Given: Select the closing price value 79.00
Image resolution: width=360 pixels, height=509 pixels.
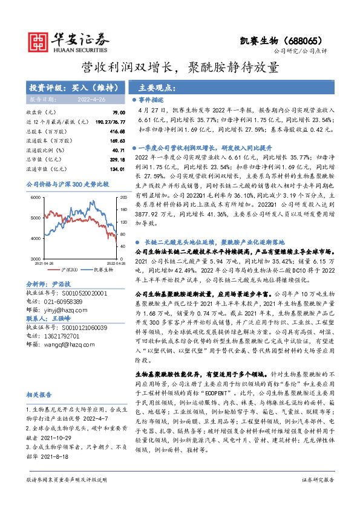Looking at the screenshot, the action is pos(111,112).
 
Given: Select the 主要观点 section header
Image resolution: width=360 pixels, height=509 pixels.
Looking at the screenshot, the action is pos(157,86).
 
